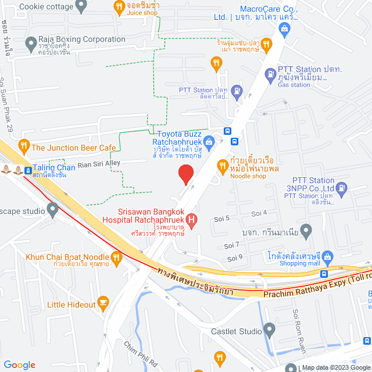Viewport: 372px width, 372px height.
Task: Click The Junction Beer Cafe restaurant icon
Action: click(x=24, y=145)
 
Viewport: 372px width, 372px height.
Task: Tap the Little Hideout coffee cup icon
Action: click(x=103, y=301)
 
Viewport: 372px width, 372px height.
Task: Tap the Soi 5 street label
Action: click(x=223, y=218)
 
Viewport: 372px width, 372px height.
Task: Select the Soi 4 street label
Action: click(x=259, y=213)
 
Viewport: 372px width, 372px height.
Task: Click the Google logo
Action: click(x=19, y=365)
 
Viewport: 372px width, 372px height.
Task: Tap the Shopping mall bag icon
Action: click(x=327, y=256)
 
